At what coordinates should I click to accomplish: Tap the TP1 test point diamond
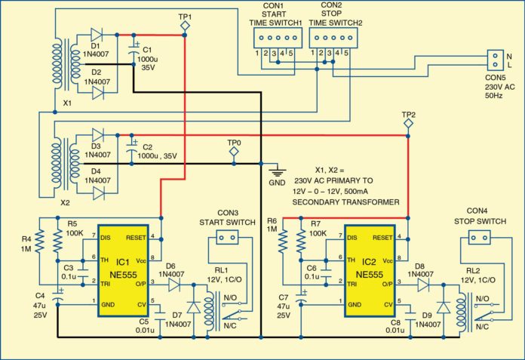[186, 27]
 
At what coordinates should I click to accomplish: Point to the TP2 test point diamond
[408, 121]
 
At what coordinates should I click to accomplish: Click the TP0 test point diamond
[235, 153]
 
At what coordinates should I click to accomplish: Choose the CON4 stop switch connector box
[475, 237]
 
